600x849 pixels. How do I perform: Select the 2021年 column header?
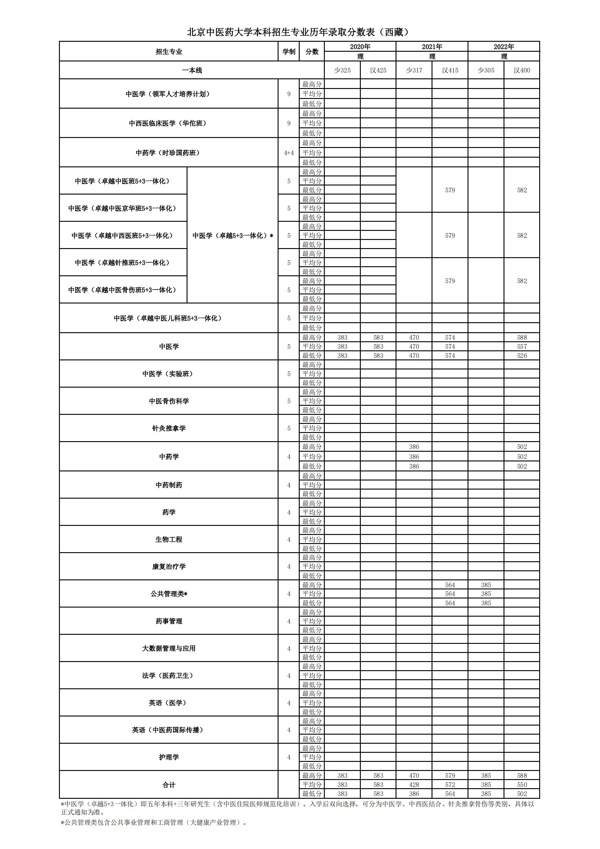coord(432,47)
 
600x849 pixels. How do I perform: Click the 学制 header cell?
coord(289,52)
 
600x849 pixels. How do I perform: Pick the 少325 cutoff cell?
coord(342,70)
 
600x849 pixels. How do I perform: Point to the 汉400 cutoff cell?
coord(522,70)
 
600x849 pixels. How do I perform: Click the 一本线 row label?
coord(191,70)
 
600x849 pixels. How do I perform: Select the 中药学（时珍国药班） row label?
coord(168,153)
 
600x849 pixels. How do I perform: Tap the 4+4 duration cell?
coord(289,153)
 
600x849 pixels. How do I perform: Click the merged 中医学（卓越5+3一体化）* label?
coord(233,235)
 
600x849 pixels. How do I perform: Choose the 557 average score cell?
coord(522,346)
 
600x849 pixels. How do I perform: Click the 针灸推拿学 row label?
coord(168,428)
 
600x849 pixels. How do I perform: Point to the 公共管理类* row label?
coord(168,594)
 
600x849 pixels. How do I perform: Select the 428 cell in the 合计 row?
coord(414,785)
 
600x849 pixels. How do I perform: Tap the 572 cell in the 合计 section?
coord(450,785)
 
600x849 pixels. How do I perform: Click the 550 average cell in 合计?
coord(522,785)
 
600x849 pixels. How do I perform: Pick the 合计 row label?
coord(168,785)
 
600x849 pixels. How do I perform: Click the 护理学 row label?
coord(168,757)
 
